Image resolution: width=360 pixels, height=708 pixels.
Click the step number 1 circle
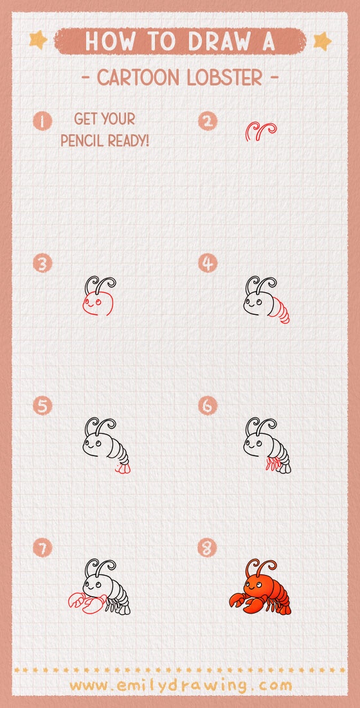(43, 120)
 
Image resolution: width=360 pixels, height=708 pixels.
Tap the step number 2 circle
(208, 120)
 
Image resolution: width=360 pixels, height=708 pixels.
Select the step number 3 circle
(43, 263)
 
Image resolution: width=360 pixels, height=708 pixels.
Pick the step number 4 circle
(208, 263)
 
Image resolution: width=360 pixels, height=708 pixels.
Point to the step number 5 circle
(43, 406)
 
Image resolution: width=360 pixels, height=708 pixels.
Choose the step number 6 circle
(208, 406)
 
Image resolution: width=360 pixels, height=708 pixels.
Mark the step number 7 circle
(43, 548)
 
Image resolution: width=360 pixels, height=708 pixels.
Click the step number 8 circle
(208, 548)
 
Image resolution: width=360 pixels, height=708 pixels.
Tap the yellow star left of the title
(38, 40)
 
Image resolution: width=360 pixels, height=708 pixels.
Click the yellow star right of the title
(321, 41)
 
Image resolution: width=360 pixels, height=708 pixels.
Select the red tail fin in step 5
(122, 470)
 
